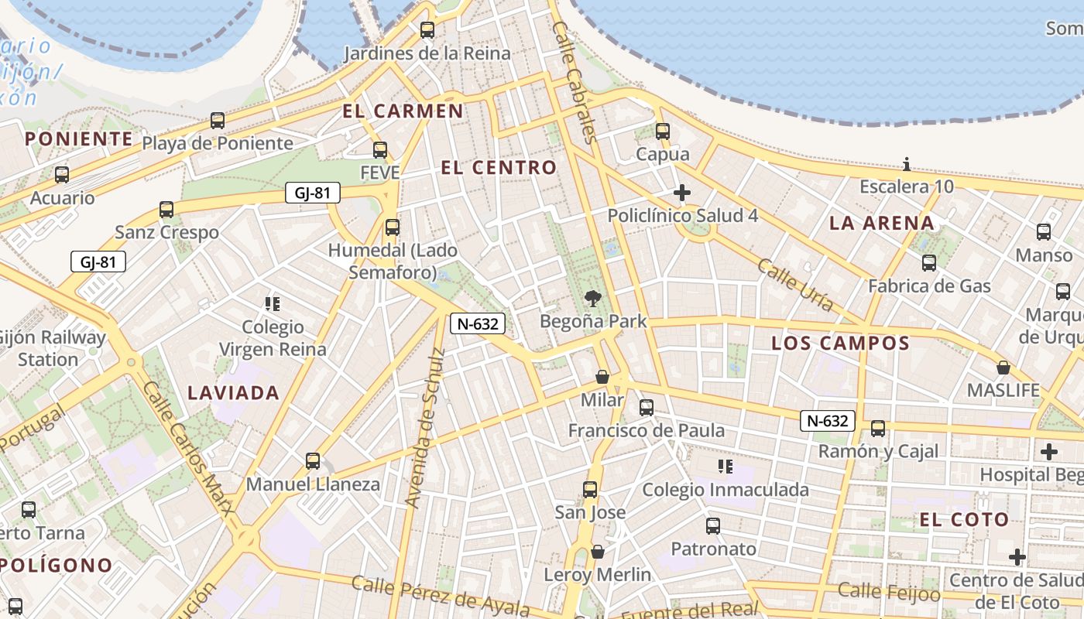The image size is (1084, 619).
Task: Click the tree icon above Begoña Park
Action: point(593,298)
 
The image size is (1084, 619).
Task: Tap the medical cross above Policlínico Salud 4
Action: point(682,193)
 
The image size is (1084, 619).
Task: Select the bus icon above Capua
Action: point(662,132)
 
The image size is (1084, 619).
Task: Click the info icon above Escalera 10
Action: point(907,164)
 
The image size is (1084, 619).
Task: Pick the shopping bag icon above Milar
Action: point(602,377)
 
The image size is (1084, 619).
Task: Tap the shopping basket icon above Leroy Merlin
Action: point(597,552)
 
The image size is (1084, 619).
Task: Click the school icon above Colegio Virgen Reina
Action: point(272,304)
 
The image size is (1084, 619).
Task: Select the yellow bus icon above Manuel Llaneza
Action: point(313,461)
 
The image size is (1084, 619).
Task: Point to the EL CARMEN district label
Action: point(403,111)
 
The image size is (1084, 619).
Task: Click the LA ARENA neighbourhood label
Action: point(882,224)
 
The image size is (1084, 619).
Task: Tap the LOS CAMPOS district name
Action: point(840,344)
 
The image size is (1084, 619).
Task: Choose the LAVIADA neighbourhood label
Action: point(233,393)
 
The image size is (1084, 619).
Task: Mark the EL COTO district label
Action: point(964,520)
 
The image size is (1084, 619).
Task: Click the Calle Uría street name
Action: point(795,285)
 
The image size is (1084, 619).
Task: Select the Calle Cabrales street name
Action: point(575,82)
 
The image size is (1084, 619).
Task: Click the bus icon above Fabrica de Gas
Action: point(929,263)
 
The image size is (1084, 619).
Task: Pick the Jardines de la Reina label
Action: point(427,53)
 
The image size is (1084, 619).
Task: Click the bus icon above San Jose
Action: point(590,490)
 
